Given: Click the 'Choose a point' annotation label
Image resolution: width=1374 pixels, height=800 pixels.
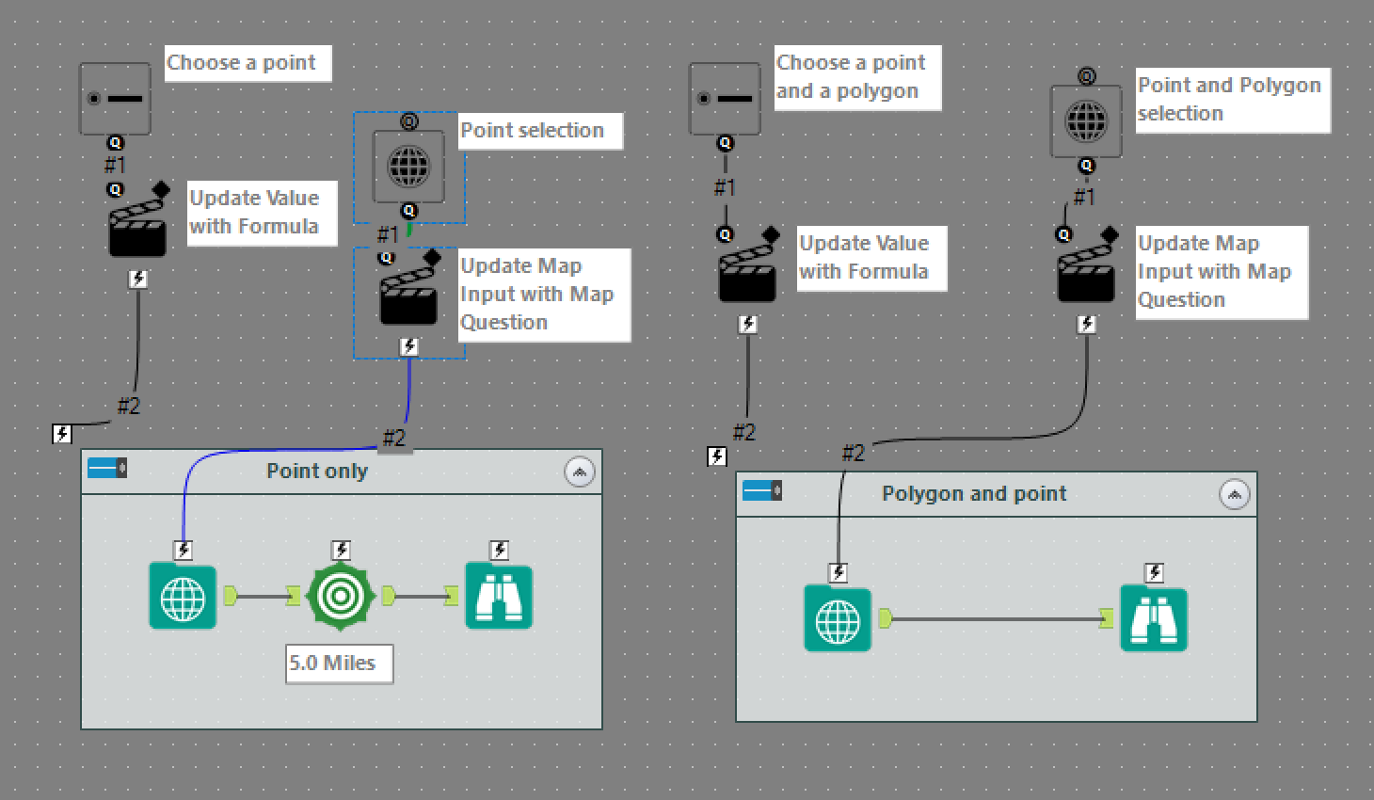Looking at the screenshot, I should [x=248, y=63].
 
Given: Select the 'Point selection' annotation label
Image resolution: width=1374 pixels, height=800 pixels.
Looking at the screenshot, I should [x=539, y=131].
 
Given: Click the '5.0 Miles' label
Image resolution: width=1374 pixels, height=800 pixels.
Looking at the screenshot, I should [x=339, y=664].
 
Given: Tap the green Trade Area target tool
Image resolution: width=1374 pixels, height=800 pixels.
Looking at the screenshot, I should [x=341, y=596].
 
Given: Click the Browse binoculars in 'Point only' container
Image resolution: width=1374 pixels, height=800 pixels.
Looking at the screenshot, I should [x=499, y=597].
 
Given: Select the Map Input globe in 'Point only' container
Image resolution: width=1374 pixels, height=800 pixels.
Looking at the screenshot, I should [x=183, y=597].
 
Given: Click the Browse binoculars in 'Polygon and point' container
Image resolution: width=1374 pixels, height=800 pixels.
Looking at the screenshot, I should [x=1153, y=619].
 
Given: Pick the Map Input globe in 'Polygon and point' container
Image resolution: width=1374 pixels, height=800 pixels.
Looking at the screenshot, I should [x=838, y=619].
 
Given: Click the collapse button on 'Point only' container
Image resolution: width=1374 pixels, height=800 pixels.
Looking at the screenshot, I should [x=580, y=472].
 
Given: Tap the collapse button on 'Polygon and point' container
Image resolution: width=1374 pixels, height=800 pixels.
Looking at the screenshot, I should [x=1235, y=494].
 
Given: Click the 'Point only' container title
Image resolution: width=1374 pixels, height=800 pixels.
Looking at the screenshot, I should [x=317, y=472].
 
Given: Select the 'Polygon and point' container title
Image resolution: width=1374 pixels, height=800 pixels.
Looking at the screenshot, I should [x=974, y=494].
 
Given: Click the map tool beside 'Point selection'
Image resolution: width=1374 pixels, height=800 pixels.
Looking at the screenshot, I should [x=408, y=168].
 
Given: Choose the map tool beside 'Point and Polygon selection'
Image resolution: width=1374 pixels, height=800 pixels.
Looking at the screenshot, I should [x=1086, y=121].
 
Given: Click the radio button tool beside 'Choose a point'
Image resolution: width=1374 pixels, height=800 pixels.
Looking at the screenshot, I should [x=115, y=99].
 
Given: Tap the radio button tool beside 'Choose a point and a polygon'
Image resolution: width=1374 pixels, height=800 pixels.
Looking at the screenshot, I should [x=725, y=99].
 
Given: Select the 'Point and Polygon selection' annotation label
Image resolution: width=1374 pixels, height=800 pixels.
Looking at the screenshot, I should [x=1232, y=100].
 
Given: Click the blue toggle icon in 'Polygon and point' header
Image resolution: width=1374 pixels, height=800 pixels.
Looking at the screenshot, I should [x=761, y=490].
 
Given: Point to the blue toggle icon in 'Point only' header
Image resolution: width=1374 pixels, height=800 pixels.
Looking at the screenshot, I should [x=106, y=468].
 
